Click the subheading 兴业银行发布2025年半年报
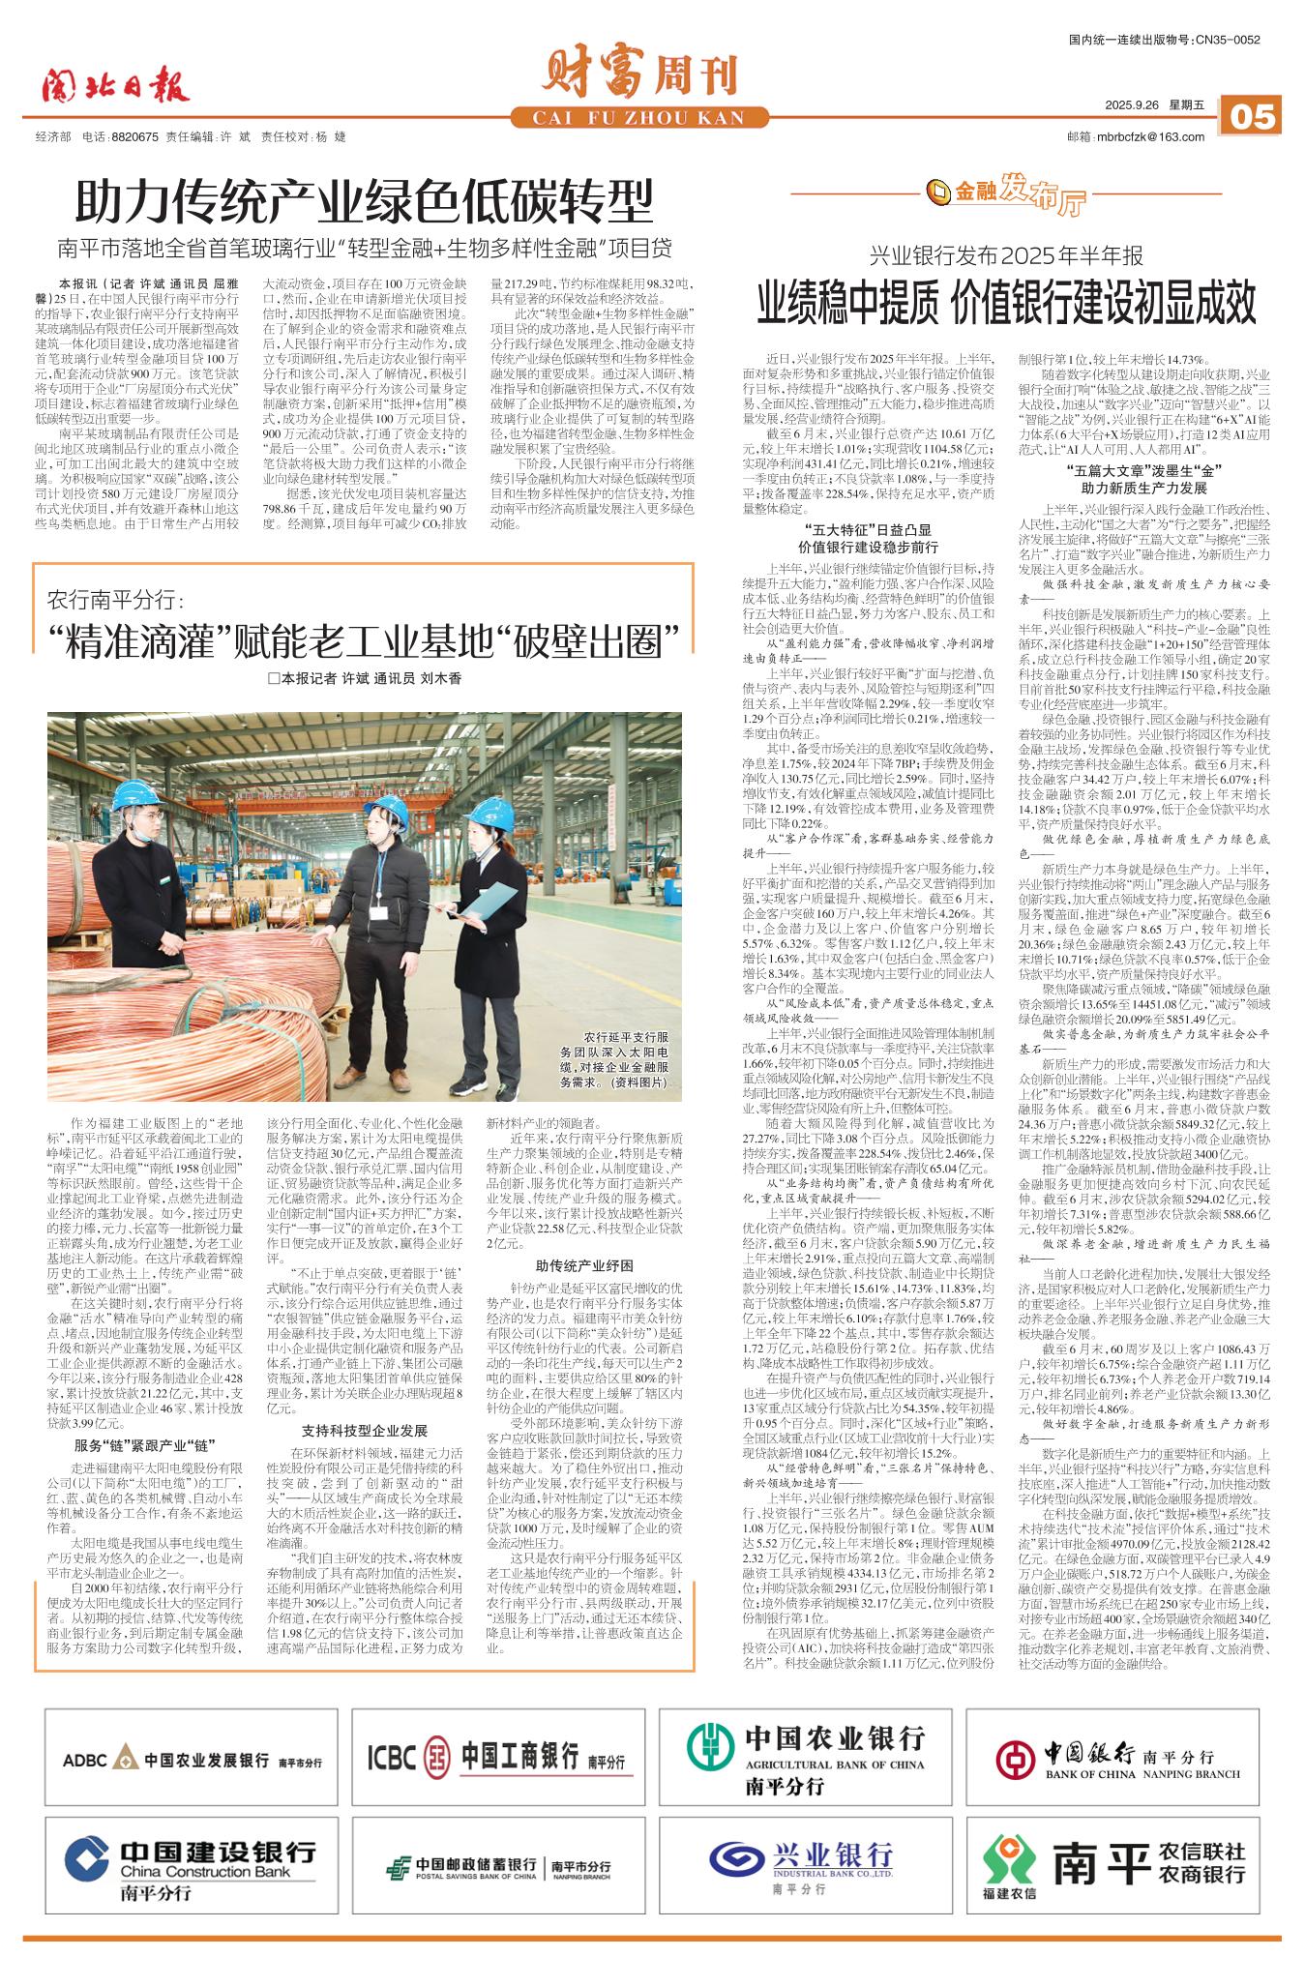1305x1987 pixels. point(1006,256)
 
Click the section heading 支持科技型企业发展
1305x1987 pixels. point(365,1432)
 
